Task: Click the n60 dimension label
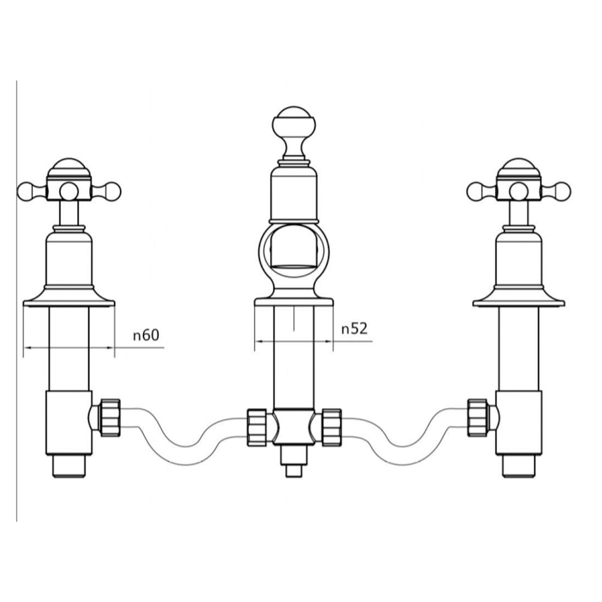(x=145, y=335)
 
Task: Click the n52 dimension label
(x=354, y=329)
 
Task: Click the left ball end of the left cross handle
(x=26, y=191)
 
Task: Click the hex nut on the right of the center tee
(x=331, y=426)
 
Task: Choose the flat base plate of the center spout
(x=294, y=303)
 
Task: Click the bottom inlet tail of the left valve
(x=69, y=466)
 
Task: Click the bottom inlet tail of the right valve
(x=519, y=466)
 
